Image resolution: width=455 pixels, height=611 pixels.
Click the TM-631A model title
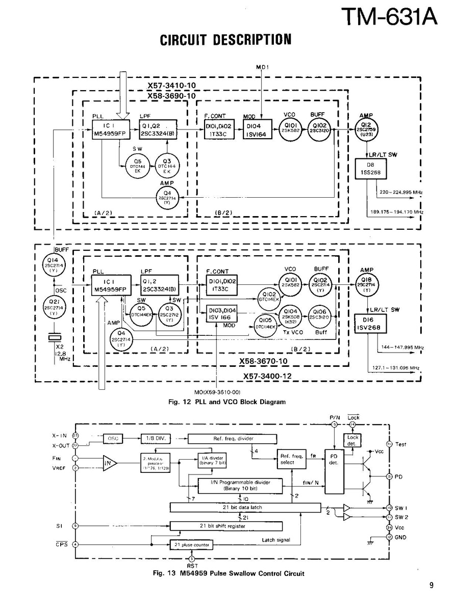389,16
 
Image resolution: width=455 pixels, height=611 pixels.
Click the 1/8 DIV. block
156,438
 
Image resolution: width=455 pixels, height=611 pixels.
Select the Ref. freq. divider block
233,438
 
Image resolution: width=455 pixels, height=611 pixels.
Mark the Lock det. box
352,441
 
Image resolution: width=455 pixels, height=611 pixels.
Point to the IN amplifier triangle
110,463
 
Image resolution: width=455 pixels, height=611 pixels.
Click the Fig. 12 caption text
226,402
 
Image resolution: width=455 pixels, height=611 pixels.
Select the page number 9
432,585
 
